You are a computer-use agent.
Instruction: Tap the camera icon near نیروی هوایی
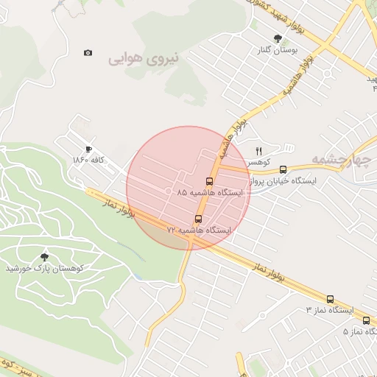[88, 53]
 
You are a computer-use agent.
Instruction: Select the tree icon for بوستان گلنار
[278, 38]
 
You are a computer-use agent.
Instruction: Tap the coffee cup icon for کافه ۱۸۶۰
[89, 149]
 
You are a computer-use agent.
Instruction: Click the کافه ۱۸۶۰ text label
[90, 160]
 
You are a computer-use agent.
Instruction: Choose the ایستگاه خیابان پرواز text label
[283, 180]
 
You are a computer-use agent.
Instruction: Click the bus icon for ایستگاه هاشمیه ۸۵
[209, 181]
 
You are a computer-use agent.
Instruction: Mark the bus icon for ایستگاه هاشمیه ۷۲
[198, 219]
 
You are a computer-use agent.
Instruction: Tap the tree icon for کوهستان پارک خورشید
[46, 257]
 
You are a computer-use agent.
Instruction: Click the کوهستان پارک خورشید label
[46, 268]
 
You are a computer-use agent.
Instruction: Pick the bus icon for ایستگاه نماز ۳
[330, 299]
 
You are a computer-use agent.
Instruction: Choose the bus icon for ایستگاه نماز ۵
[367, 320]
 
